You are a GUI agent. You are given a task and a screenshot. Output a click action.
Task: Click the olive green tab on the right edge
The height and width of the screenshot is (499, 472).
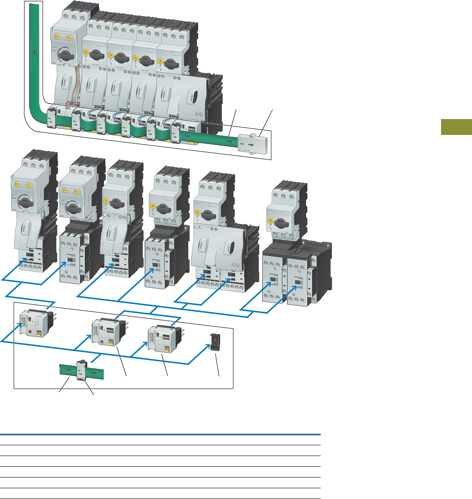point(456,128)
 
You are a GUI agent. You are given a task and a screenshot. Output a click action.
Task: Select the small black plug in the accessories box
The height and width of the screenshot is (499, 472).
point(212,341)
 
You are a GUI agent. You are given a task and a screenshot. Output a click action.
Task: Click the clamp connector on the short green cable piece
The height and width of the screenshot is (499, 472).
point(80,370)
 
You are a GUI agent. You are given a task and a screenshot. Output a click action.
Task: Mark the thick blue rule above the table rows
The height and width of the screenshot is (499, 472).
point(160,435)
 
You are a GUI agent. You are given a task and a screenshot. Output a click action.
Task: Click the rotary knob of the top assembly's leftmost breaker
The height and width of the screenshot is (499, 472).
point(69,55)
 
